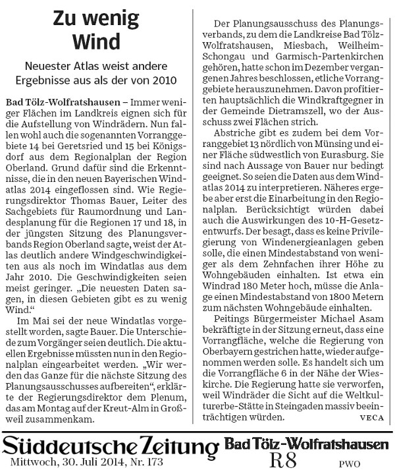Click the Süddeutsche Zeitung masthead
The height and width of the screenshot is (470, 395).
(110, 446)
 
